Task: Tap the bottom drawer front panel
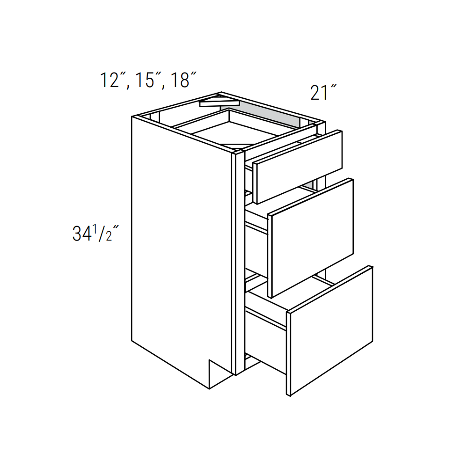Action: tap(330, 330)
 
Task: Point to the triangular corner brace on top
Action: tap(218, 101)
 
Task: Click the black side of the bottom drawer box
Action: tap(266, 344)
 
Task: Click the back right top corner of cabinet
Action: tap(323, 123)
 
